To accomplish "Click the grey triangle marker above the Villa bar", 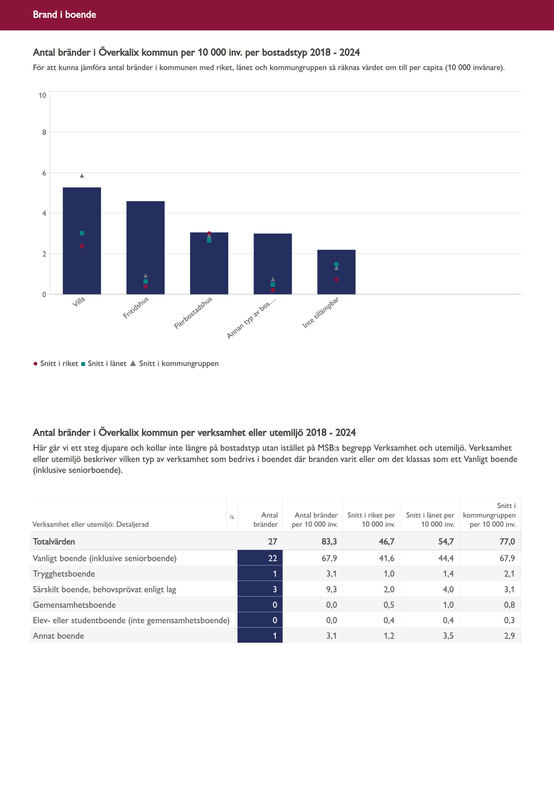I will pyautogui.click(x=82, y=176).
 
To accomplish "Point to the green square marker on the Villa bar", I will pyautogui.click(x=82, y=233).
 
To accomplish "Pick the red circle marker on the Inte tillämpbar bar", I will pyautogui.click(x=336, y=280).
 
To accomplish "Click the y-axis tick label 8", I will pyautogui.click(x=44, y=132).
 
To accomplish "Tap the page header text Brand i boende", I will pyautogui.click(x=64, y=14).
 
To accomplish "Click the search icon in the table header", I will pyautogui.click(x=232, y=517).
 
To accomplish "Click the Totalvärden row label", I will pyautogui.click(x=54, y=542).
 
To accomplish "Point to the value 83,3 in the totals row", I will pyautogui.click(x=329, y=542).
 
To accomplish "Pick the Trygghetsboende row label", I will pyautogui.click(x=64, y=574).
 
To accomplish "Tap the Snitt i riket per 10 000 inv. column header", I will pyautogui.click(x=371, y=520).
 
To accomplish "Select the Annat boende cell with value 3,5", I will pyautogui.click(x=448, y=636).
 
